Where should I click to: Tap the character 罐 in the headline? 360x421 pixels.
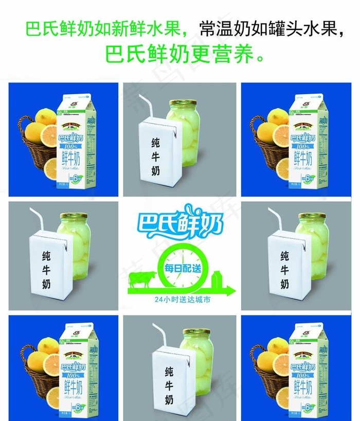pos(285,29)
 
